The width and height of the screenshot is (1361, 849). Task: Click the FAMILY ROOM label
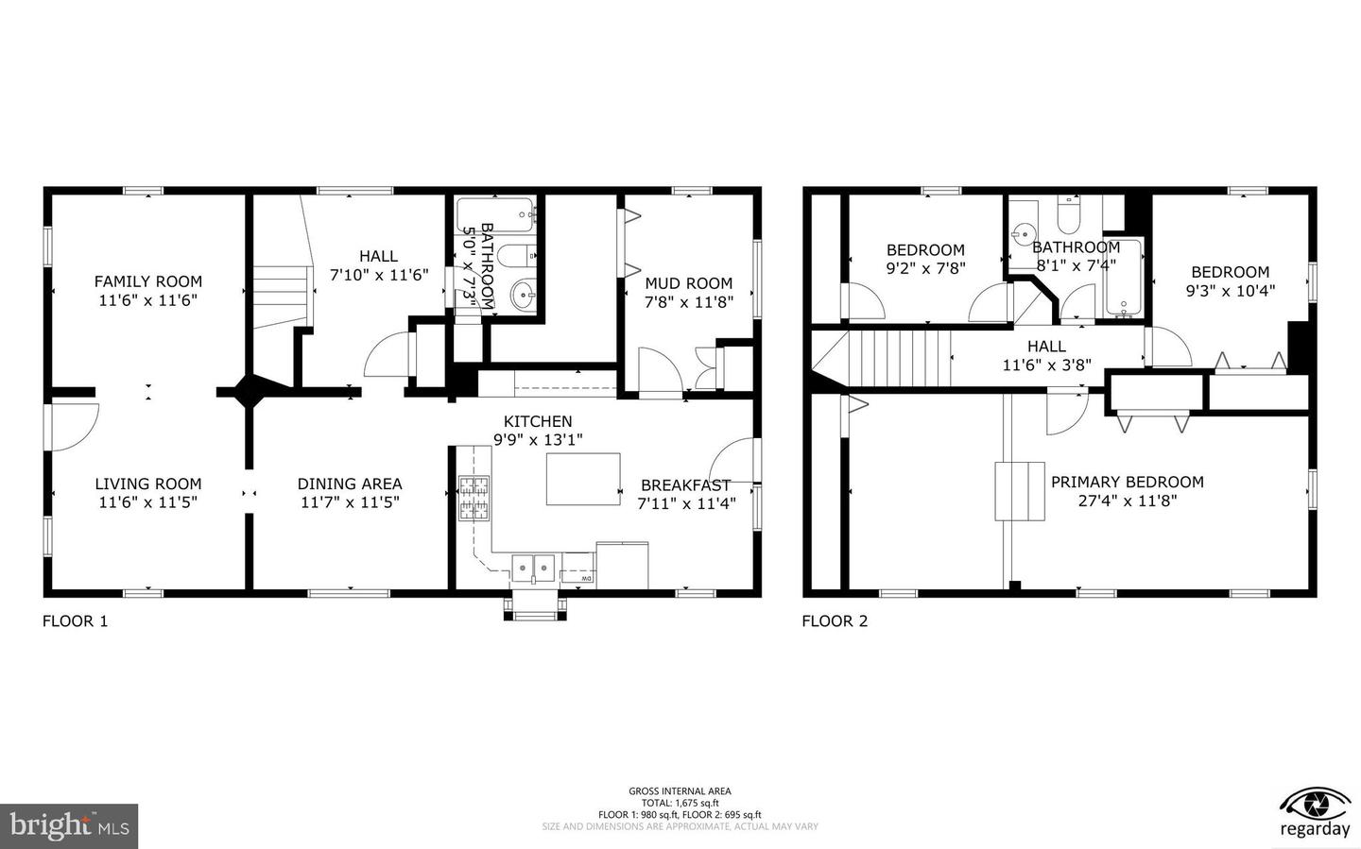147,280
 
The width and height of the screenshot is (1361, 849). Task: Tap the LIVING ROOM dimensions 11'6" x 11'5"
147,502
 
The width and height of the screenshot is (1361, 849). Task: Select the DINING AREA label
350,484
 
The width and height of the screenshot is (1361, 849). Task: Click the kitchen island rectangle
583,479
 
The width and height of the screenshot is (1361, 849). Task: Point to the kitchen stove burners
474,499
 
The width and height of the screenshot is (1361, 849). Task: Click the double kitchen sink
534,569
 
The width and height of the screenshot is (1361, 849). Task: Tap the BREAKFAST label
685,484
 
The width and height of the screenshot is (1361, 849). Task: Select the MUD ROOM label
688,282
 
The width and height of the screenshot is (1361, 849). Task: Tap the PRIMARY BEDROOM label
1127,482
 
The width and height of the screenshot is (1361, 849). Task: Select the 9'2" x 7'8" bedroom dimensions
925,268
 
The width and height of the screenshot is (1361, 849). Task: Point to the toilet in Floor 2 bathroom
1069,216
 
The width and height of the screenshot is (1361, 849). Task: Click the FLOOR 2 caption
835,620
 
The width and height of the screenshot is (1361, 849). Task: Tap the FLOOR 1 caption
76,620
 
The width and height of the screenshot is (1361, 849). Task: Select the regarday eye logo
1315,805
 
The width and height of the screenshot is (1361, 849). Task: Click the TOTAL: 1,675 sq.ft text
680,803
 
